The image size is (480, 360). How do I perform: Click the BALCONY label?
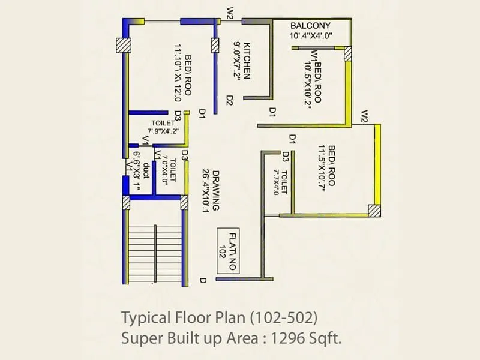[311, 26]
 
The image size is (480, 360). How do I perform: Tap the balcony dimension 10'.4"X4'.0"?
[311, 36]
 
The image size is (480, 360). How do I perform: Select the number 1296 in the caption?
[291, 339]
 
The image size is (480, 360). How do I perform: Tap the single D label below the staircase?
[203, 280]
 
